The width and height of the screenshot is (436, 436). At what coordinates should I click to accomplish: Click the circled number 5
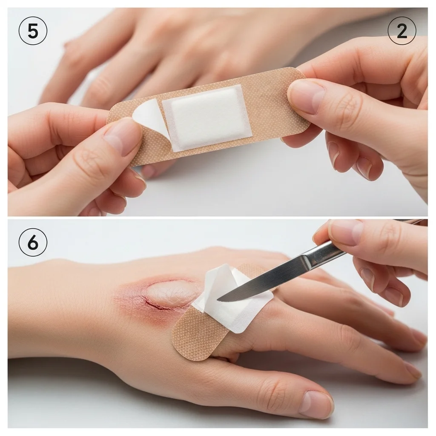click(33, 31)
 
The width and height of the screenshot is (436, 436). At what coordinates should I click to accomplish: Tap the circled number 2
click(402, 31)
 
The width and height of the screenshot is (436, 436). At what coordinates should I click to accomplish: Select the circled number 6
click(33, 242)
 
